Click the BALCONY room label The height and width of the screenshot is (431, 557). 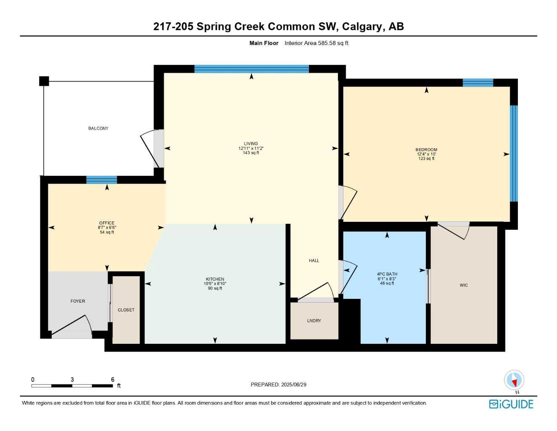(98, 128)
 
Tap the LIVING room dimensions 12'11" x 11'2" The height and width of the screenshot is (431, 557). (251, 148)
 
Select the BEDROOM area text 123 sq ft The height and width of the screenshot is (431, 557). (426, 159)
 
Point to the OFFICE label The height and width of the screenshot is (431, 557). (107, 223)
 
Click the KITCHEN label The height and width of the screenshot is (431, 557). (215, 279)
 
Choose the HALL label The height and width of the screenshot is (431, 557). (314, 261)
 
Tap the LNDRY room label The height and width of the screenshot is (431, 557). (314, 321)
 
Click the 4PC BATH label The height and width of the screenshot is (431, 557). (387, 274)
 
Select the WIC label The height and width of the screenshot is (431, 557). (464, 285)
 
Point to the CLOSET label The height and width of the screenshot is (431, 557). (126, 310)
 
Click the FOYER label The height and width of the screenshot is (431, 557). (78, 301)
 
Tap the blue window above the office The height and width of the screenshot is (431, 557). (102, 180)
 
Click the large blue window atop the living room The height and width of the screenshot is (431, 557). (251, 69)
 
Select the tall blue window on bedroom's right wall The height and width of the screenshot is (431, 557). (513, 153)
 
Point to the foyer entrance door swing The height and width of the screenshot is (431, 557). (76, 325)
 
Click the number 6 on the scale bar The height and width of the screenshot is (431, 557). (113, 380)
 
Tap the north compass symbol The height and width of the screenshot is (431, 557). (514, 380)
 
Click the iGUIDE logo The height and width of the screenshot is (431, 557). (511, 404)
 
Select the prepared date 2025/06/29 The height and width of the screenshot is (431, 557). (294, 384)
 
